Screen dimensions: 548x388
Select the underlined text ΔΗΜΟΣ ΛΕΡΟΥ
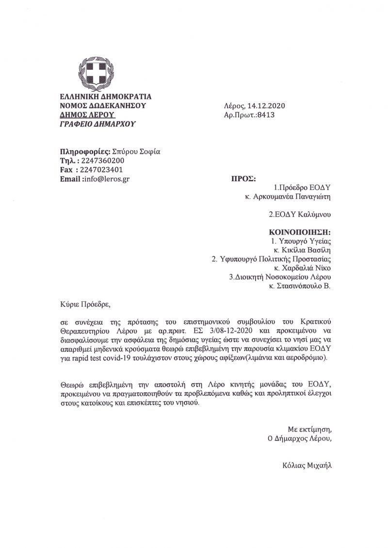pos(87,114)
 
